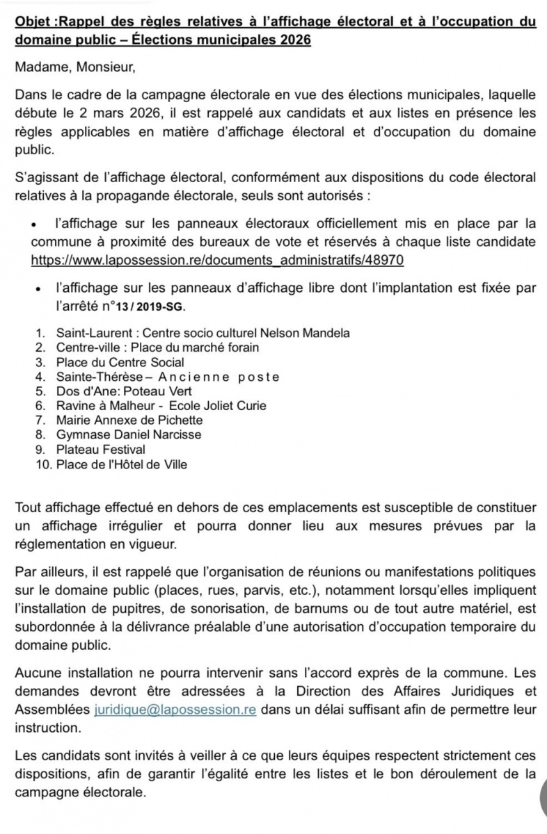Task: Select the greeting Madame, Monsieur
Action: tap(73, 67)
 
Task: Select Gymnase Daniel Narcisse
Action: tap(129, 435)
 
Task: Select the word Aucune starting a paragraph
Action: tap(40, 675)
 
